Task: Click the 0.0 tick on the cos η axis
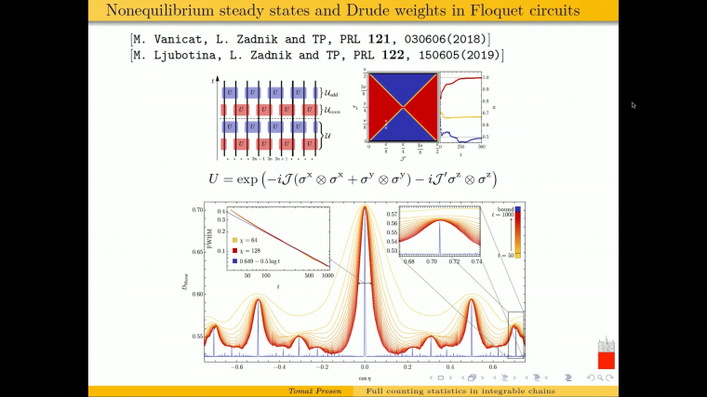pyautogui.click(x=365, y=366)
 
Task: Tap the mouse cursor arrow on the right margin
pyautogui.click(x=634, y=105)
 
